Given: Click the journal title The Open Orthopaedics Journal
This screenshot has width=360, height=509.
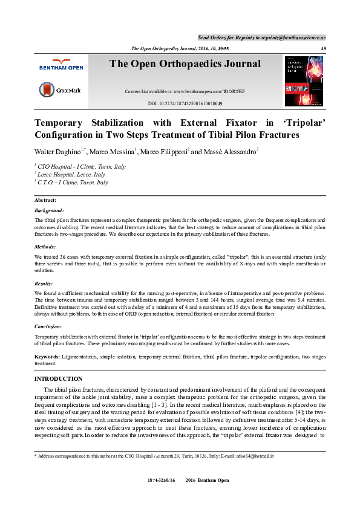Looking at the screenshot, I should tap(185, 64).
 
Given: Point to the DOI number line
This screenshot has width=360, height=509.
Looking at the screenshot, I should tap(185, 104).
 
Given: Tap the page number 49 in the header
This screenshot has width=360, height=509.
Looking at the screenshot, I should tap(323, 48).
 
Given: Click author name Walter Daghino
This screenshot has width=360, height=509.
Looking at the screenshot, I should tap(59, 151).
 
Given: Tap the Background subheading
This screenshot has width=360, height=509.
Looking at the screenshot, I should tap(50, 210).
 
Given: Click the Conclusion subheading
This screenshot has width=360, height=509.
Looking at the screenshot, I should tap(51, 326).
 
